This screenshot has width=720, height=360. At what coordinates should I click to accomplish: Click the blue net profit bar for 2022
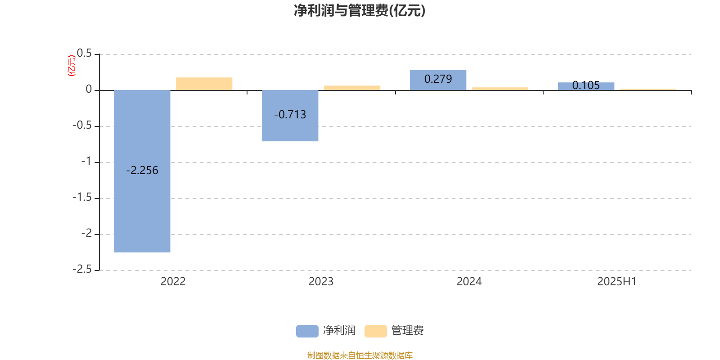(142, 171)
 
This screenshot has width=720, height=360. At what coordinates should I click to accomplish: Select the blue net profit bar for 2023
(290, 116)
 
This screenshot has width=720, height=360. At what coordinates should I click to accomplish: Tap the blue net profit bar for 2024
(438, 80)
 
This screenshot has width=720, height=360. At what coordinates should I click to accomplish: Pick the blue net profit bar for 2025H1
(586, 86)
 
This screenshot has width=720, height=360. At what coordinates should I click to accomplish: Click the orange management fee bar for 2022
(204, 84)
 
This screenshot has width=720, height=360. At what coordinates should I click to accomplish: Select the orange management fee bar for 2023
(352, 88)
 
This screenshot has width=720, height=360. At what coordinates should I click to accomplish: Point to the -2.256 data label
(142, 171)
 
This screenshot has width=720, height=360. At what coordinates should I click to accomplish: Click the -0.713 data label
(290, 115)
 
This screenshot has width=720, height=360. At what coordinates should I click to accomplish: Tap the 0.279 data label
(438, 79)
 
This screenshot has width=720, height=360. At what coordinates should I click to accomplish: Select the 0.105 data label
(586, 85)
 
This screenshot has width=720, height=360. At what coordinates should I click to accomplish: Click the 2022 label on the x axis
(173, 282)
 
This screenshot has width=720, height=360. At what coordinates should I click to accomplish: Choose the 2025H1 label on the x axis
(617, 282)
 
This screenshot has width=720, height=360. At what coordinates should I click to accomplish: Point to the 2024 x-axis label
(469, 282)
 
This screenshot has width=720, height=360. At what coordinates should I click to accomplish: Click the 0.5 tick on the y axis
(84, 54)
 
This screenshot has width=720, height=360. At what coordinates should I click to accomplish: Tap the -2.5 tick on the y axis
(82, 270)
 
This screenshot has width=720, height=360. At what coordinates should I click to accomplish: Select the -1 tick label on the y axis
(86, 162)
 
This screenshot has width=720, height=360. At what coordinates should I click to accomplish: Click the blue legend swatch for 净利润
(307, 331)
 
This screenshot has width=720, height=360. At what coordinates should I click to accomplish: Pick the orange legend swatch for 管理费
(375, 331)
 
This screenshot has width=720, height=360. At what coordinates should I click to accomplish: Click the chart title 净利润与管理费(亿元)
(360, 11)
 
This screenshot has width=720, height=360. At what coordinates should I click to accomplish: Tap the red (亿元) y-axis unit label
(72, 66)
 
